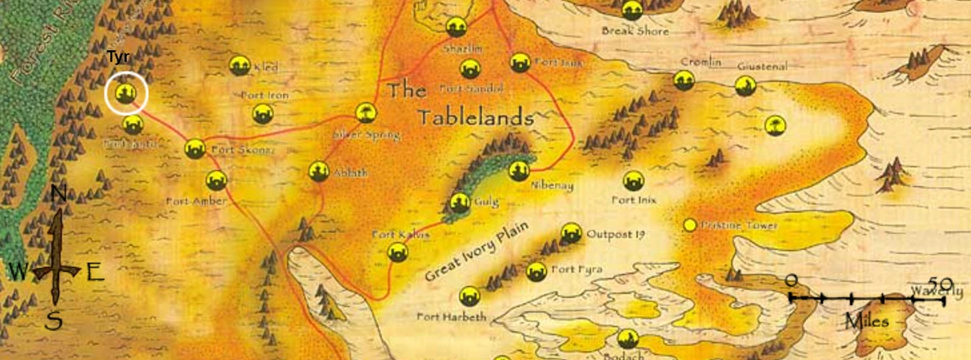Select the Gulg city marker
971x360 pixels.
tap(460, 203)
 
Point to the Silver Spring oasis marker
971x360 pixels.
tap(367, 112)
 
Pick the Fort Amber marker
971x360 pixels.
tap(215, 180)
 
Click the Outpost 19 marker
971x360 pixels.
tap(571, 233)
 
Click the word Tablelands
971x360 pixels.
tap(475, 118)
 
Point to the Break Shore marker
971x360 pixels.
tap(633, 10)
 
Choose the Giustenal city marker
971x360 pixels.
tap(744, 86)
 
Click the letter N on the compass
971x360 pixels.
tap(58, 194)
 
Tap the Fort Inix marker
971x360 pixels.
tap(634, 181)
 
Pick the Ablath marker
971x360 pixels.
tap(319, 171)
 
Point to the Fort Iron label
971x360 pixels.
tap(265, 95)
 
